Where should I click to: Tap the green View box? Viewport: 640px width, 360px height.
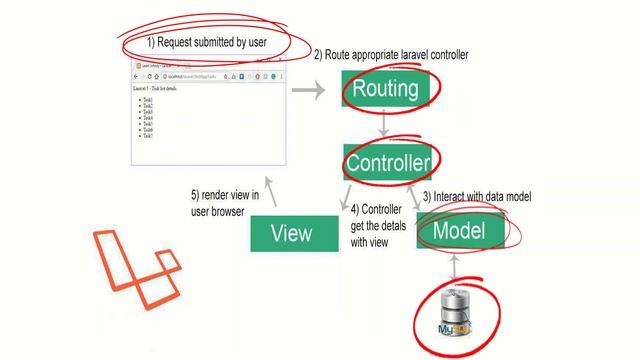pyautogui.click(x=291, y=233)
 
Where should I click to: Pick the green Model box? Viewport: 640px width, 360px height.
pyautogui.click(x=458, y=231)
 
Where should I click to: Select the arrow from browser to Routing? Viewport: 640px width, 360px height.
pyautogui.click(x=314, y=90)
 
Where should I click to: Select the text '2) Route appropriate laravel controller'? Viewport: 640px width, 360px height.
pyautogui.click(x=391, y=54)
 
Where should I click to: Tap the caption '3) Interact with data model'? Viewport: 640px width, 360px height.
pyautogui.click(x=476, y=197)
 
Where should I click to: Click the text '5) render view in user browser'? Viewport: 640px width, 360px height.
pyautogui.click(x=224, y=203)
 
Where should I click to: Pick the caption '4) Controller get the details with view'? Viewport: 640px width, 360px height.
pyautogui.click(x=377, y=225)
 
